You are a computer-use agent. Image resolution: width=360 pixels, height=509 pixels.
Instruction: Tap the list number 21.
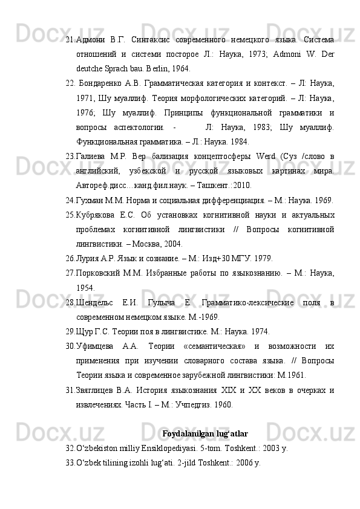coord(70,39)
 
